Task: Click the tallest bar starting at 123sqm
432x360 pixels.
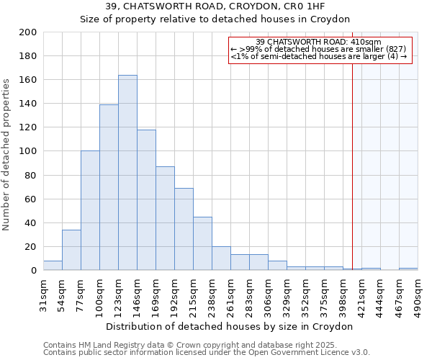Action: click(127, 173)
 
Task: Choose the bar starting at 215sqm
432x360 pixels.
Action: click(202, 243)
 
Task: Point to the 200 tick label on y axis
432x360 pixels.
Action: click(28, 32)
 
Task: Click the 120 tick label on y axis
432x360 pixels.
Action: click(28, 127)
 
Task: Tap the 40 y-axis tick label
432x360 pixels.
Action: click(31, 223)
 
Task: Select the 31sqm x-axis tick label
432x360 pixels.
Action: click(44, 295)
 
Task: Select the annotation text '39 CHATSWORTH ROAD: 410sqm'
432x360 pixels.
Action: click(319, 42)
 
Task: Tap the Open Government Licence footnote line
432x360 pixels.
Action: click(207, 352)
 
